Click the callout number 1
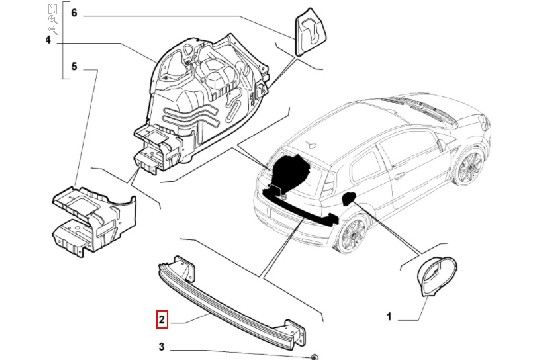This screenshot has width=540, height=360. click(389, 316)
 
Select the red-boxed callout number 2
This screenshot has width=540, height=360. click(162, 320)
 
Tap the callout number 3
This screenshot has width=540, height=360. click(162, 347)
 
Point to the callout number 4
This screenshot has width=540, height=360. click(48, 41)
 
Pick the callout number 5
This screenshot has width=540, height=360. click(74, 66)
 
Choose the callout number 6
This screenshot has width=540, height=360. click(74, 13)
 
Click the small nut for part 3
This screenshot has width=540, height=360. click(314, 357)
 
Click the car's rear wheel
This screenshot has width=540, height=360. click(353, 234)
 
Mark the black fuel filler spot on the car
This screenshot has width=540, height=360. click(348, 198)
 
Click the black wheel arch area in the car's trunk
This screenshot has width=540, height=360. click(289, 171)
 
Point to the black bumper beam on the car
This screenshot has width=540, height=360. click(300, 207)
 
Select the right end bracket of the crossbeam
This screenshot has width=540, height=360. click(294, 332)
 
